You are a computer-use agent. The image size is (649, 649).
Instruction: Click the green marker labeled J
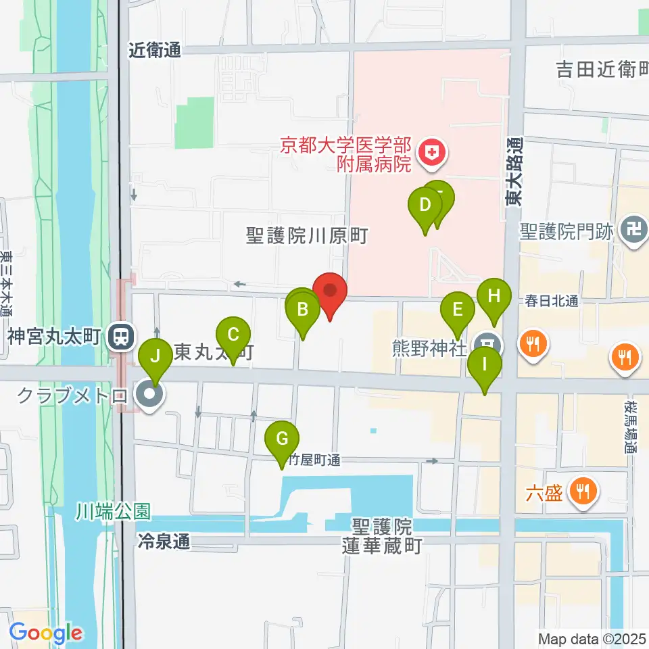click(x=155, y=356)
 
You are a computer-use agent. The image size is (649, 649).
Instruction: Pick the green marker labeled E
click(x=458, y=310)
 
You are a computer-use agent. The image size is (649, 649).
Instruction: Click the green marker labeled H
click(x=494, y=296)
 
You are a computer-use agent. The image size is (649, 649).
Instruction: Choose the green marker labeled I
click(x=485, y=364)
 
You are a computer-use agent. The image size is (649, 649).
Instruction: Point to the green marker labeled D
click(x=425, y=204)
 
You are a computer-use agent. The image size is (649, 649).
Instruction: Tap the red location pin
click(x=331, y=291)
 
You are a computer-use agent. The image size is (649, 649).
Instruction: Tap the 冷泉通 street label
click(x=164, y=542)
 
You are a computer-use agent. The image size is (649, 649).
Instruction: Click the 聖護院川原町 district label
click(x=308, y=236)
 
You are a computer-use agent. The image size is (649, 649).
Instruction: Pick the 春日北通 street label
click(x=552, y=302)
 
